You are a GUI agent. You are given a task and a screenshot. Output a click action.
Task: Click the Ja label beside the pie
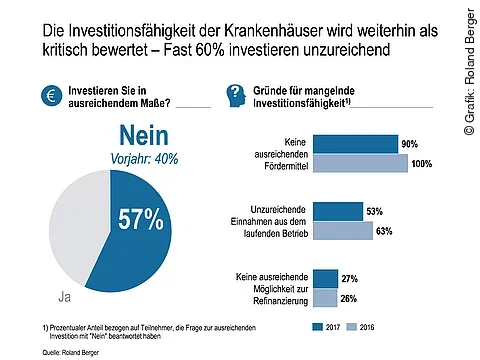(60, 297)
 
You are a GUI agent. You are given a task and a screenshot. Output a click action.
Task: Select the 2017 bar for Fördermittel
(355, 143)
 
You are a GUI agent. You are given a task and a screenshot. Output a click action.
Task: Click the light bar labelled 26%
(325, 297)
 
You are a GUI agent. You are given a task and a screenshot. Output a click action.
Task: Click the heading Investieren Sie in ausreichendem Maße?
(125, 96)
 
